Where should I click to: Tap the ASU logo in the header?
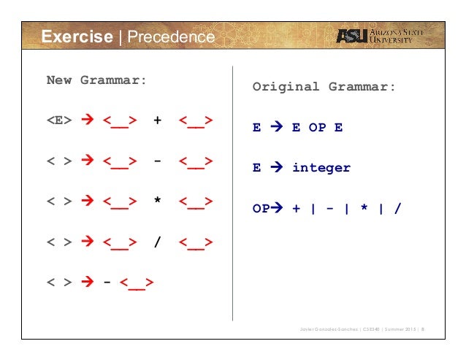point(351,37)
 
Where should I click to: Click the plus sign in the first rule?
point(157,120)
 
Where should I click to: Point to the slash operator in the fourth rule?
point(157,241)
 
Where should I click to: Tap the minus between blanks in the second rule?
point(157,161)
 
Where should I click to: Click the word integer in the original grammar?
point(321,168)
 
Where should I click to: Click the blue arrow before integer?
point(277,168)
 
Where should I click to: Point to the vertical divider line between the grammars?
point(232,197)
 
